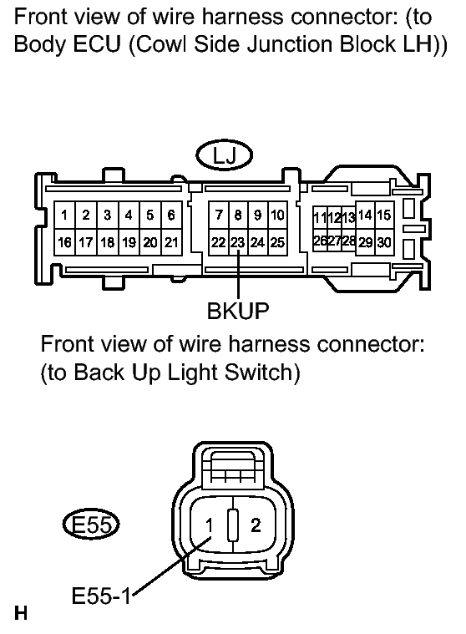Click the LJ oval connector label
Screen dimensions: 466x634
225,155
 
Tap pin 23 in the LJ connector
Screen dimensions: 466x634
238,242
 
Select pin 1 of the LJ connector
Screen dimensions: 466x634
64,216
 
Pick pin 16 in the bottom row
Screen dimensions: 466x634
64,242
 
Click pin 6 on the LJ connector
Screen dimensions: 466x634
171,216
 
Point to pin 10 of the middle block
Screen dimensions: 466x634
277,216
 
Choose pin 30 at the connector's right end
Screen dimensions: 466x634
384,242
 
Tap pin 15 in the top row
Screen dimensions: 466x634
384,216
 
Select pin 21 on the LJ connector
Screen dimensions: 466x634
171,242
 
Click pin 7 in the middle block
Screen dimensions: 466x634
219,216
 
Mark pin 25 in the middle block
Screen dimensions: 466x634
277,242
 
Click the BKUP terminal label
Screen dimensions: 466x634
238,311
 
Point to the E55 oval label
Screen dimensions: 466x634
91,525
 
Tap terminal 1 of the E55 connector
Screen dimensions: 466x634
209,525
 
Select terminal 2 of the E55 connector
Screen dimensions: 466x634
256,525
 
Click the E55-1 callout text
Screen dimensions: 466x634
101,596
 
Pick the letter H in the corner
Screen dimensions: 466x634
21,613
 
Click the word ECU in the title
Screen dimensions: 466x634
97,43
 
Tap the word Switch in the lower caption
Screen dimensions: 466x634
262,372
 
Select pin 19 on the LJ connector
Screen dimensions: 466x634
129,242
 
